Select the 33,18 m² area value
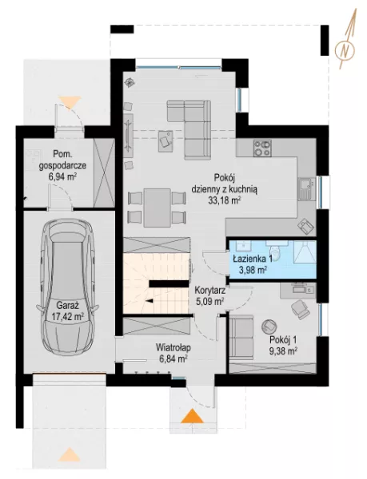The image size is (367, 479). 224,200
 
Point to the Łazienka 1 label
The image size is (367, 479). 253,259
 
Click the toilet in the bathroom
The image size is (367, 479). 277,250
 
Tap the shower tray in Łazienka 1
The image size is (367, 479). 304,251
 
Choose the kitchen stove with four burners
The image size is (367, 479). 262,148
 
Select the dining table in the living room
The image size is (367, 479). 158,208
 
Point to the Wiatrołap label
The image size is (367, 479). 174,347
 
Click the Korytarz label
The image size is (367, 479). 210,291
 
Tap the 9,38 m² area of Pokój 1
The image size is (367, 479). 284,351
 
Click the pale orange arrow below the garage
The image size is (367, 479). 70,454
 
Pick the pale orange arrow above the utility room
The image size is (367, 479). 70,101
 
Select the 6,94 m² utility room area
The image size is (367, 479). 62,176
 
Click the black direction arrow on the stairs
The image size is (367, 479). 150,302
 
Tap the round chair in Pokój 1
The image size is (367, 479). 269,327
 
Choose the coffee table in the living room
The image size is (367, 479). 166,141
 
